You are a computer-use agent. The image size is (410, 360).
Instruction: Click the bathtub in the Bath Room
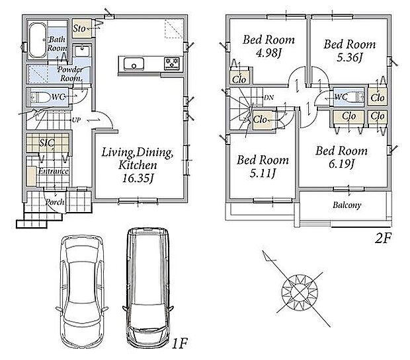[38, 41]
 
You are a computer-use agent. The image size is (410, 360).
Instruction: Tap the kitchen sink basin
[134, 64]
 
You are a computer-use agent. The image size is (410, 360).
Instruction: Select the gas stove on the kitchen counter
[172, 64]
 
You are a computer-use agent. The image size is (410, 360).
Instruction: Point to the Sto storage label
[79, 28]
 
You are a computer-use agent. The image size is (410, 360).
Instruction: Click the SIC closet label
[47, 143]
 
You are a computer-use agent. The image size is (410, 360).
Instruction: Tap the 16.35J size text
[138, 178]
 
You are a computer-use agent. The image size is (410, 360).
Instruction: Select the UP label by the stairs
[76, 120]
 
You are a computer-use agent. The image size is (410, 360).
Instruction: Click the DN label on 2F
[268, 98]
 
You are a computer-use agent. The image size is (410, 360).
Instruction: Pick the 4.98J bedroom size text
[268, 53]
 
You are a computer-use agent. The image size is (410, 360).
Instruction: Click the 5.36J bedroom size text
[349, 57]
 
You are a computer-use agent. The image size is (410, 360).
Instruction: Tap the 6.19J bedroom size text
[341, 164]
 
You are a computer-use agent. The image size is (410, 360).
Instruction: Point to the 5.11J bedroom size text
[263, 173]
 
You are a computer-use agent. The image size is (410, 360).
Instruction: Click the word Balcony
[347, 205]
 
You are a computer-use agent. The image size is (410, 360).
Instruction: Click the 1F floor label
[180, 343]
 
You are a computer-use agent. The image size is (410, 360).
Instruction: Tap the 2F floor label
[383, 238]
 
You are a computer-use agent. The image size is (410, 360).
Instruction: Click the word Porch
[55, 202]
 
